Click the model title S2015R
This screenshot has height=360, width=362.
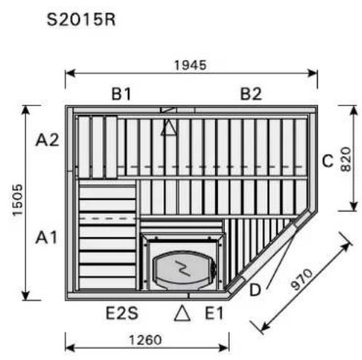point(81,20)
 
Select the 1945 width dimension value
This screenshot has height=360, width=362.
point(190,65)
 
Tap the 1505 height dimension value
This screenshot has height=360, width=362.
point(17,200)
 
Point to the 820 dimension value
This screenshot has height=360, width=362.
point(346,159)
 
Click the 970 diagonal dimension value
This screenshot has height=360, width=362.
point(302,279)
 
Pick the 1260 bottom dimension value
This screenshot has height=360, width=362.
point(145,340)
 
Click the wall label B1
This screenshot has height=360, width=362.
point(121,94)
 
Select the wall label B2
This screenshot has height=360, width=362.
point(251,94)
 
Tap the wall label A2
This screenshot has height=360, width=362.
point(47,140)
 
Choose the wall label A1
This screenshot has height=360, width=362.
point(47,237)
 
